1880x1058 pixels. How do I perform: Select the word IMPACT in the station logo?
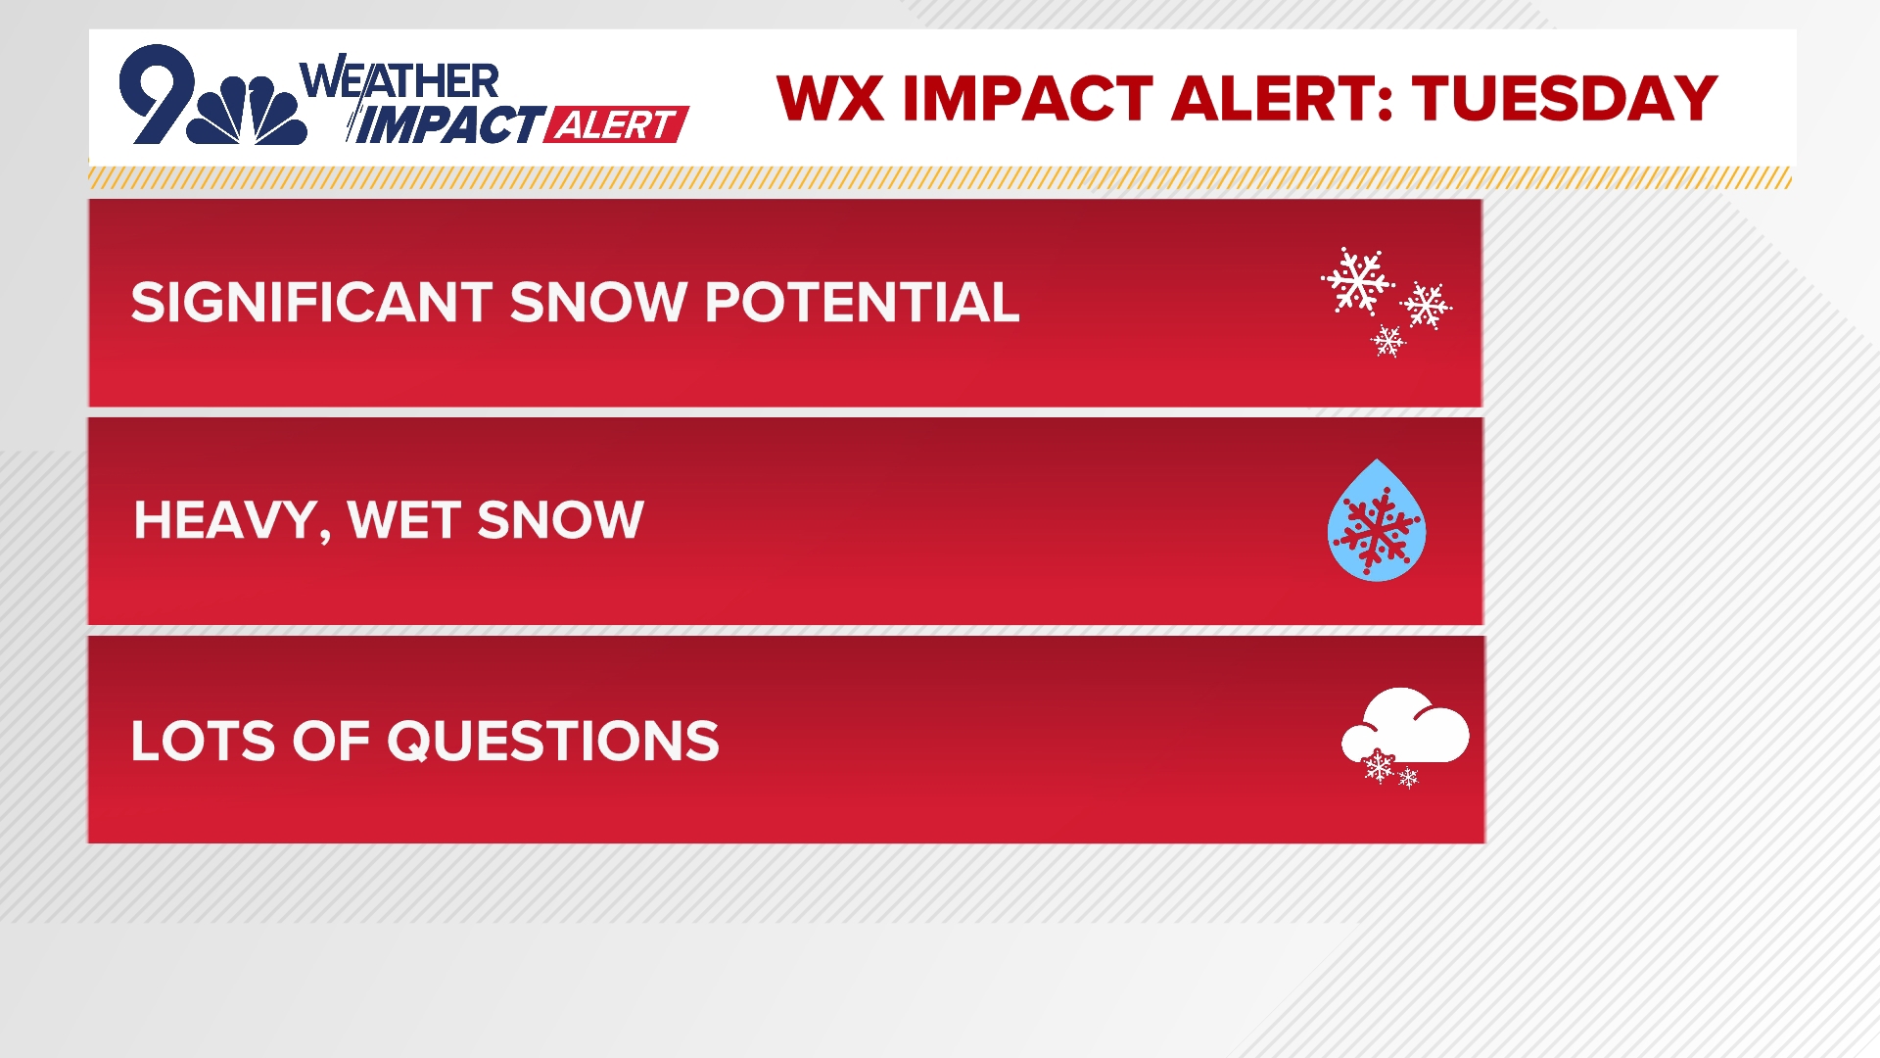(446, 124)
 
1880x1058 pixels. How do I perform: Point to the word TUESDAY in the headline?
(1565, 98)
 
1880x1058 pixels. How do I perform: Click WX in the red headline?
(832, 98)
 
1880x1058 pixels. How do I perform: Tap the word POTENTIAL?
(863, 302)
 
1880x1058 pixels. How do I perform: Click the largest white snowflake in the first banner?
(1358, 281)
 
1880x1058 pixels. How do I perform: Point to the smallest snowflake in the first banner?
(1387, 340)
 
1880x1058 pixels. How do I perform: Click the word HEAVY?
(232, 521)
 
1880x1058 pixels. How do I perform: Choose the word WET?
(404, 519)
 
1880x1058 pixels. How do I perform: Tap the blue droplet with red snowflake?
(1377, 521)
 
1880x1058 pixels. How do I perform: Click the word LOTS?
(204, 741)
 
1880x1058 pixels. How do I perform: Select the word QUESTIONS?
(553, 742)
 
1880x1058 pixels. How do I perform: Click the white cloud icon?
(1406, 727)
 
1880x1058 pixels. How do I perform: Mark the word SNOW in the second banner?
(560, 519)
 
